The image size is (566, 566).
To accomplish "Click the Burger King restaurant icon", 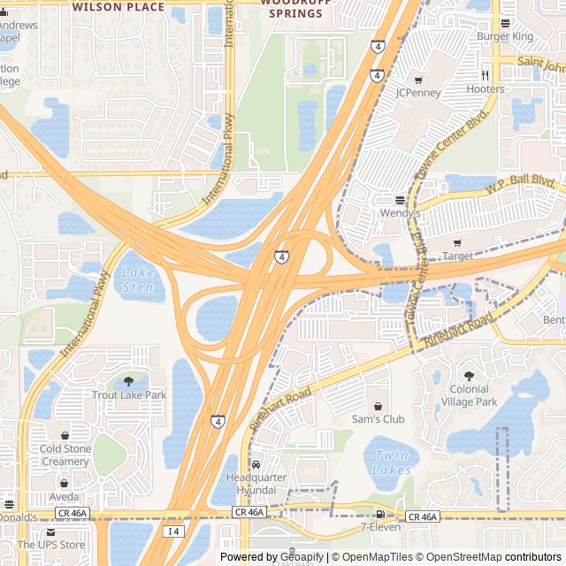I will [x=505, y=23].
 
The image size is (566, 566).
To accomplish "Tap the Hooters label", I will [x=486, y=89].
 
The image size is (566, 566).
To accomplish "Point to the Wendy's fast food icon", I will [x=400, y=200].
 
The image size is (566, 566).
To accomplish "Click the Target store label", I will [x=457, y=256].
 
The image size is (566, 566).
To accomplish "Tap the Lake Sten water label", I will [x=137, y=280].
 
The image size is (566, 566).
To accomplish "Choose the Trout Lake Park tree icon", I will [x=129, y=381].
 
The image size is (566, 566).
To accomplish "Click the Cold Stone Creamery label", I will [x=65, y=455].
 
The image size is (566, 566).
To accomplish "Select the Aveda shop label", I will [x=64, y=497].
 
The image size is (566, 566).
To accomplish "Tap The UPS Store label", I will [x=51, y=545].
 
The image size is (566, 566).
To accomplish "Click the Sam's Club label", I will [x=378, y=418].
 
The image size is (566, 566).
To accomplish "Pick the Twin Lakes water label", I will [x=392, y=463].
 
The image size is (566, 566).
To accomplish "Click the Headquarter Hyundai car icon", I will [x=256, y=464].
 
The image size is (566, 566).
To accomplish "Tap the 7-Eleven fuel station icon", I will [x=380, y=514].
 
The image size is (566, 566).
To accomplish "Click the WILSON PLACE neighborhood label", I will [x=118, y=6].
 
